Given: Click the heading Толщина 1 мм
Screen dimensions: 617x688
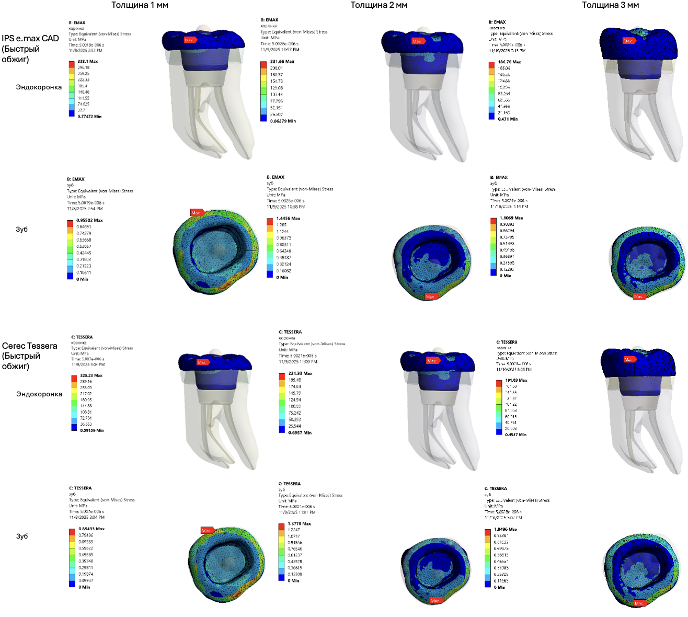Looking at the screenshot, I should click(x=140, y=5).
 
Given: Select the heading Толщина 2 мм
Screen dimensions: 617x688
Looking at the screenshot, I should click(x=379, y=5).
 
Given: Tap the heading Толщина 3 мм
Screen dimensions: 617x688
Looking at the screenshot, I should click(x=610, y=5).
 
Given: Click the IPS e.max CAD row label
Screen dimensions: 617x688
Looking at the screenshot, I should click(x=30, y=39).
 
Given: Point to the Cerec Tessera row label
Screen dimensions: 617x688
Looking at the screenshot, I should click(x=29, y=346).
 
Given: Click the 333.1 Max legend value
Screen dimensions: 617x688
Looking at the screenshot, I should click(x=87, y=62).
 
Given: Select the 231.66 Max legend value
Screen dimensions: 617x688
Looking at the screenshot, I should click(x=282, y=62).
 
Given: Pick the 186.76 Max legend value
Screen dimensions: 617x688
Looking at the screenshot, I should click(x=509, y=62).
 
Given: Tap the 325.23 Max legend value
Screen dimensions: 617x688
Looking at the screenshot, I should click(x=91, y=375).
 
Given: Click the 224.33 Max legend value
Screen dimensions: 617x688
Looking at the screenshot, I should click(x=300, y=373).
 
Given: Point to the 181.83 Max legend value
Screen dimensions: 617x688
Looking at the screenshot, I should click(x=516, y=381).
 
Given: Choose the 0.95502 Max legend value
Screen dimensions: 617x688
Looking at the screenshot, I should click(x=89, y=221).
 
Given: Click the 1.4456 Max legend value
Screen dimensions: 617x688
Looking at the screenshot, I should click(x=288, y=219).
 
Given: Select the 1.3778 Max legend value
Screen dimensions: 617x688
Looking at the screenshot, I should click(x=299, y=524).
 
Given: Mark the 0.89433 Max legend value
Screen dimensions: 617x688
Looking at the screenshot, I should click(x=91, y=529).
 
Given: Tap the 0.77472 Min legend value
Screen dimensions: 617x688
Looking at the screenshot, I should click(x=89, y=117).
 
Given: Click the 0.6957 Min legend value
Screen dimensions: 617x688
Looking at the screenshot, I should click(x=300, y=433).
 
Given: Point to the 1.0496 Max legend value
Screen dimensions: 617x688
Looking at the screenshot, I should click(x=506, y=530).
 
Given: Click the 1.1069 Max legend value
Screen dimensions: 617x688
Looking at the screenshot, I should click(x=511, y=218).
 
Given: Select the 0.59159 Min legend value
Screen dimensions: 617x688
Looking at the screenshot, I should click(x=91, y=431).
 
